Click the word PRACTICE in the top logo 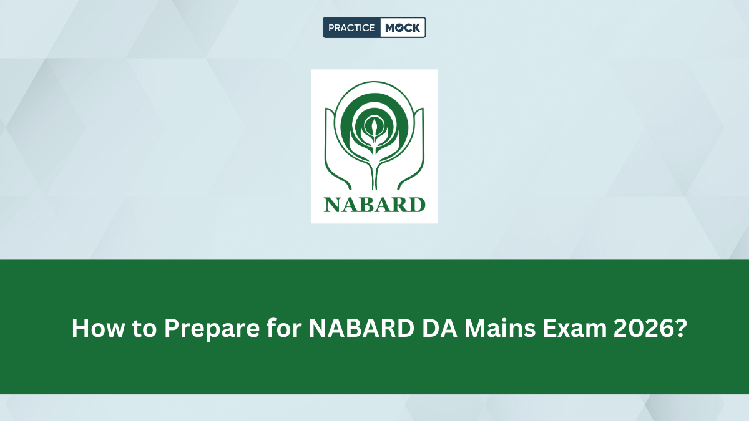coord(351,28)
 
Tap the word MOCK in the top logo coord(403,28)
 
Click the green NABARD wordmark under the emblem coord(374,204)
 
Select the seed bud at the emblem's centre coord(374,127)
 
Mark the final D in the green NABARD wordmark coord(417,204)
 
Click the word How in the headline coord(94,328)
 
